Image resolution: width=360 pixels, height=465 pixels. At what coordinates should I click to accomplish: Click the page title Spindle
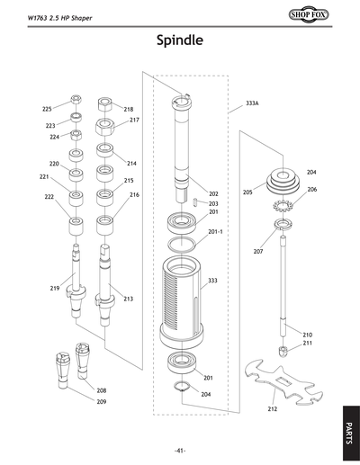pyautogui.click(x=179, y=40)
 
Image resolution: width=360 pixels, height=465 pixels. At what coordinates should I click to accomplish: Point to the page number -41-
pyautogui.click(x=180, y=450)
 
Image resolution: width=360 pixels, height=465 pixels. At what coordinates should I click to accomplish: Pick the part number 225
pyautogui.click(x=47, y=109)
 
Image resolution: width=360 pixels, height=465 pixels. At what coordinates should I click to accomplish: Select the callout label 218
pyautogui.click(x=128, y=109)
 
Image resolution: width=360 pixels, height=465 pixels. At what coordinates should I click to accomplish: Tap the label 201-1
pyautogui.click(x=215, y=231)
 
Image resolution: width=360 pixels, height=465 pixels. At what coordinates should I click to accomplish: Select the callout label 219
pyautogui.click(x=54, y=288)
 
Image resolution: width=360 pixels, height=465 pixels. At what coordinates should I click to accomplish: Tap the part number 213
pyautogui.click(x=128, y=299)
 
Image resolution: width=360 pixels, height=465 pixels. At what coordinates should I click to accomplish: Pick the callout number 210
pyautogui.click(x=307, y=334)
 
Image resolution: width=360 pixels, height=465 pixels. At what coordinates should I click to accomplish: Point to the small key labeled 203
pyautogui.click(x=197, y=202)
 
